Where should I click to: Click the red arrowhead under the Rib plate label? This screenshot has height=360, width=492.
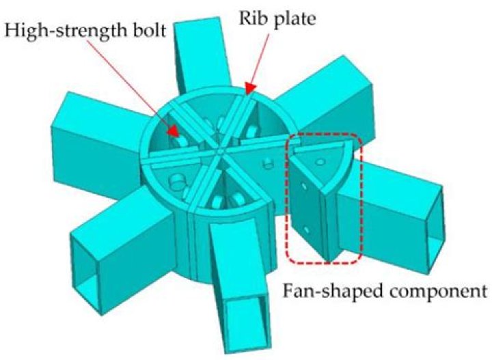coord(247,87)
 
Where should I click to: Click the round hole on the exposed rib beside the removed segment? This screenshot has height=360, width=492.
coord(267,164)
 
